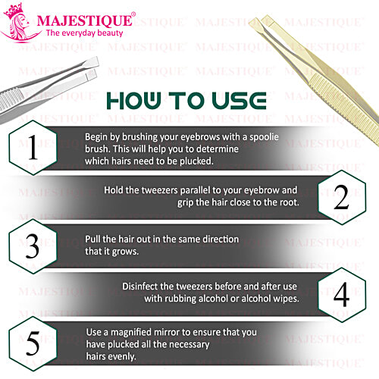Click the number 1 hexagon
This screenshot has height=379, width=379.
(x=31, y=149)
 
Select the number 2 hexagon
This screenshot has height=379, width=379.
(x=340, y=196)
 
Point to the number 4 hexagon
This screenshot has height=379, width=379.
(x=340, y=292)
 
